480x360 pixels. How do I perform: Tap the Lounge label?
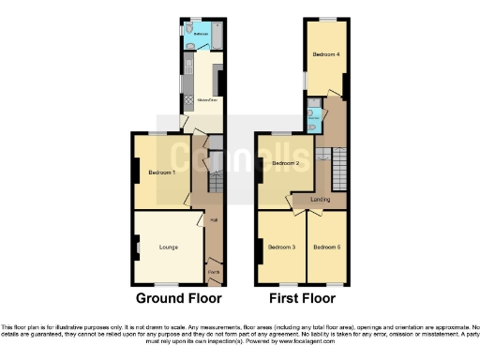[x=170, y=247]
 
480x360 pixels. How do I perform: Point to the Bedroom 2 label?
[x=285, y=163]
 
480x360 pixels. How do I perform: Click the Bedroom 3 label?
[x=281, y=247]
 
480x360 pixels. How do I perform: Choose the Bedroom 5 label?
[x=327, y=247]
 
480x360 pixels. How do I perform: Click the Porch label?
[x=214, y=273]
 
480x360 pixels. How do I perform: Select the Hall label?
[x=214, y=221]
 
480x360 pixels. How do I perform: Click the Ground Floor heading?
[x=179, y=300]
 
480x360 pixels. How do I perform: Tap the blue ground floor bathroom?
[x=202, y=37]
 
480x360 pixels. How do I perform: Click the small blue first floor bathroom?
[x=314, y=118]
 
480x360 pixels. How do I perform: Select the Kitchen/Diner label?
[x=203, y=98]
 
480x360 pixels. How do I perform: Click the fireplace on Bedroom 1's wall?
[x=135, y=171]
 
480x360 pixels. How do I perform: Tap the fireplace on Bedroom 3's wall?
[x=258, y=249]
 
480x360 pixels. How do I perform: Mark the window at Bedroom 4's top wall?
[x=326, y=20]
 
